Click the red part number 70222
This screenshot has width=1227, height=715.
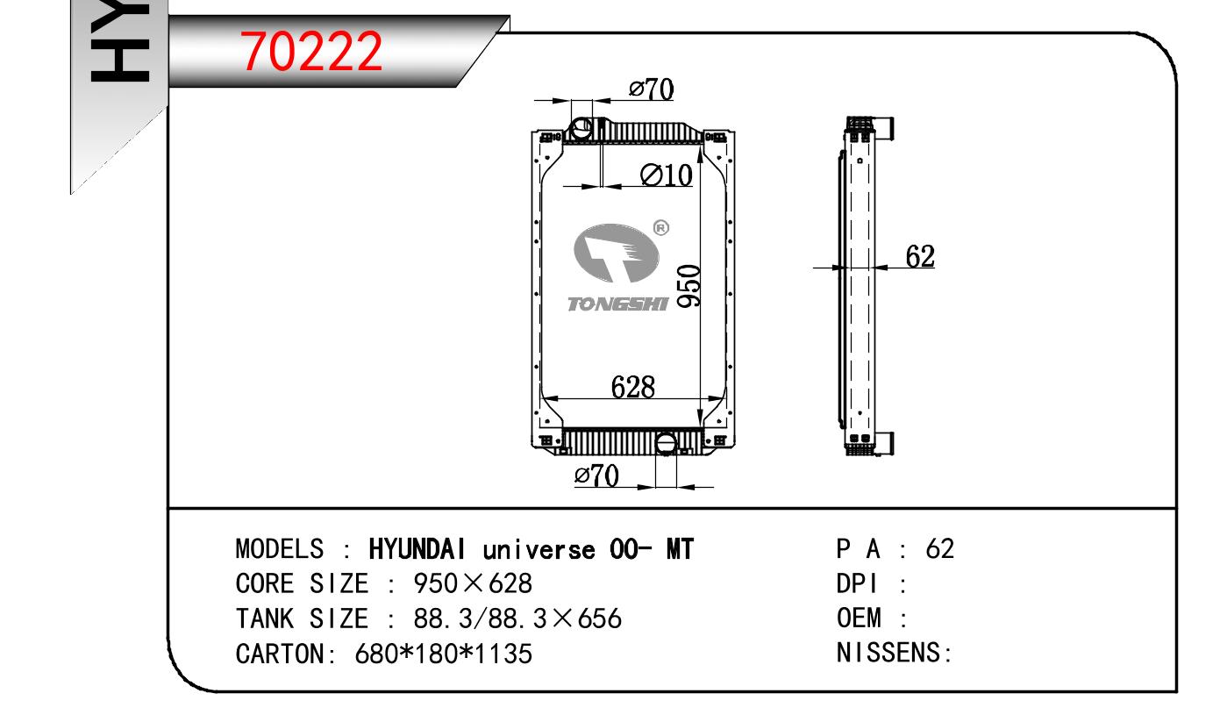tap(311, 51)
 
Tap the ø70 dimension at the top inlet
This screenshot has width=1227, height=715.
tap(652, 89)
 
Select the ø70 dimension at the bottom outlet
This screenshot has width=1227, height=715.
tap(596, 475)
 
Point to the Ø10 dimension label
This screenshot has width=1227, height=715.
tap(666, 175)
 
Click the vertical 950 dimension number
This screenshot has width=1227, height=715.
tap(689, 286)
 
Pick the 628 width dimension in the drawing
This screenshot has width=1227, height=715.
tap(632, 388)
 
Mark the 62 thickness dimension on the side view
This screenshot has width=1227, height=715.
tap(920, 256)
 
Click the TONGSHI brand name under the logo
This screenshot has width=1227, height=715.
tap(617, 304)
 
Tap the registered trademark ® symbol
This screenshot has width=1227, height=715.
tap(661, 227)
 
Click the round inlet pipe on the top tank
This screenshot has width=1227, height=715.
tap(581, 129)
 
